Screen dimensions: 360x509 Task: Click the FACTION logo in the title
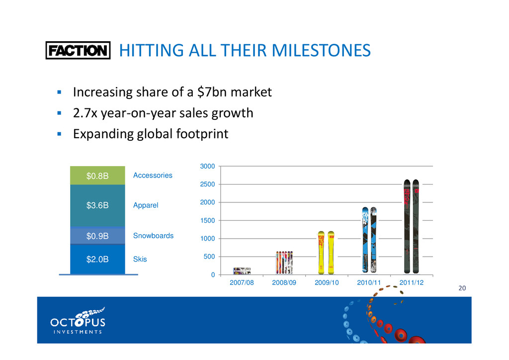(x=78, y=51)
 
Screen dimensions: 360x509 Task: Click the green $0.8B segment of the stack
(x=97, y=176)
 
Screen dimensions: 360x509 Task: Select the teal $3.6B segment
(x=97, y=205)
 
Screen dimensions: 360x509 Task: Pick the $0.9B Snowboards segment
(x=97, y=236)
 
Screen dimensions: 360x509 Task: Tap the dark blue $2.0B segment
(x=97, y=259)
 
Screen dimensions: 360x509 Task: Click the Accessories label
(x=153, y=176)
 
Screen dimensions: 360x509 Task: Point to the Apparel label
(x=146, y=205)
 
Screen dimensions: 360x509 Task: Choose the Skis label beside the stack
(x=140, y=259)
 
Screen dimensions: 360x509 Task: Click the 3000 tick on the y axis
(x=208, y=167)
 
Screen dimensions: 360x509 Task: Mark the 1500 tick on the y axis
(x=208, y=221)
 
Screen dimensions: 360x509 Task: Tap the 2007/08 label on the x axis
(x=242, y=282)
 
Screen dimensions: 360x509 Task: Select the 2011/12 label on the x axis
(x=412, y=282)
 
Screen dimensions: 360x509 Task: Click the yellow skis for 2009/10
(x=327, y=253)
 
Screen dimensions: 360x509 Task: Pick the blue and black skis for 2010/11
(x=369, y=240)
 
